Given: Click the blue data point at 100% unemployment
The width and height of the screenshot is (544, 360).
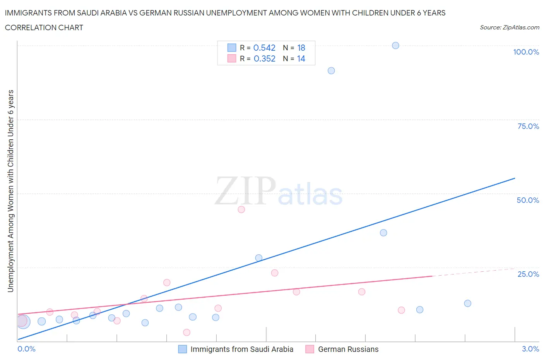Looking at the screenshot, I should point(395,45).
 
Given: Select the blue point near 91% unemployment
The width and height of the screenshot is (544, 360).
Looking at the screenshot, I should point(331,70).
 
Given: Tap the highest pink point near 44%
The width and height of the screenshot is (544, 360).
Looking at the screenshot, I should point(241,209).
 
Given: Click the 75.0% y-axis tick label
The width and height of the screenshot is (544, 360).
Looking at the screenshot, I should point(528,126).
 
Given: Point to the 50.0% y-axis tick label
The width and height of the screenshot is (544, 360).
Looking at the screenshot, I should point(528,200).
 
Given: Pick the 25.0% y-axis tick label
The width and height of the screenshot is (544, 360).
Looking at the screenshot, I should point(528,274).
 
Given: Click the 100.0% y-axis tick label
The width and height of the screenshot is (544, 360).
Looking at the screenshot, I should point(526,52).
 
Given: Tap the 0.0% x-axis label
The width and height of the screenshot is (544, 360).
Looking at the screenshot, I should point(26,349).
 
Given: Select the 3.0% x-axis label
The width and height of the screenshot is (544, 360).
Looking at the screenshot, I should point(530,349).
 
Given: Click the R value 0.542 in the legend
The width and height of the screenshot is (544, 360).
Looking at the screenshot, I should point(264,48).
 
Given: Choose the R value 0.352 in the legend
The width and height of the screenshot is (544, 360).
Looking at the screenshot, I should point(264,58).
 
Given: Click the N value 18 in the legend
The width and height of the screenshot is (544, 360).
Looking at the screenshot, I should point(301,48).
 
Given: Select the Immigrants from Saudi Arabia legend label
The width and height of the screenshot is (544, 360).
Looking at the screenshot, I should point(242,349).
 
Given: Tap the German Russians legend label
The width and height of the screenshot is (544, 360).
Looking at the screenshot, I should point(348,349).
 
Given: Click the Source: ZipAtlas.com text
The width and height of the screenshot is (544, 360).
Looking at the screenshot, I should point(509,27).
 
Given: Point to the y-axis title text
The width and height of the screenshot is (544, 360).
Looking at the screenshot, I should point(10,191).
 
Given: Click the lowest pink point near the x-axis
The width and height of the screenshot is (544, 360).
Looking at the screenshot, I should point(186,332).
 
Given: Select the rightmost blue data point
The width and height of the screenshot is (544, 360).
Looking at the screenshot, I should point(467,303).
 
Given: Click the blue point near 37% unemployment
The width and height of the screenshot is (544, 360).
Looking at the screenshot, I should point(383,233).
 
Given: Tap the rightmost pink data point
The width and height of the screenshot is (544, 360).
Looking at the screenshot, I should point(401,310).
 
